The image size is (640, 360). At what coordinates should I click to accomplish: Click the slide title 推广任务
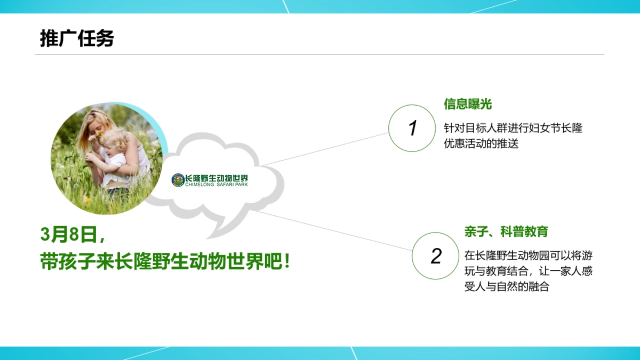(77, 38)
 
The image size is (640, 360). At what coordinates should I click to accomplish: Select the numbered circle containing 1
(412, 128)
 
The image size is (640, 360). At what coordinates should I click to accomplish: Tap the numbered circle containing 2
(436, 255)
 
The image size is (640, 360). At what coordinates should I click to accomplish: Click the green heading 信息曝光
(468, 104)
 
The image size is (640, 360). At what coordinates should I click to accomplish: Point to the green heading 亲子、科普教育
(506, 231)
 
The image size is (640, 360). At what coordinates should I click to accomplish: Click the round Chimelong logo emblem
(178, 180)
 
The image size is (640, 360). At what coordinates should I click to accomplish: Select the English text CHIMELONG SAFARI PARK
(217, 185)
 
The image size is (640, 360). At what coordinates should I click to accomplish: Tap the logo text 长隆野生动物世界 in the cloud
(217, 178)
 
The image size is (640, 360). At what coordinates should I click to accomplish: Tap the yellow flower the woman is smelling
(100, 134)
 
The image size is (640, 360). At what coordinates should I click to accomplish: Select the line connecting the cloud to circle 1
(325, 149)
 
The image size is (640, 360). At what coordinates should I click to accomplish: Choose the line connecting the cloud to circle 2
(333, 231)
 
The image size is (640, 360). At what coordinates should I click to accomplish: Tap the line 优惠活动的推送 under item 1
(481, 143)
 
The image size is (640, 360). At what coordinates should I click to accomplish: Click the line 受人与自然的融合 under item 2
(507, 286)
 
